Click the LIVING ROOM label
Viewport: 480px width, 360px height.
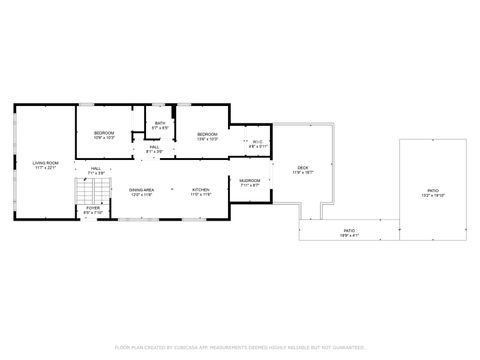[45, 162]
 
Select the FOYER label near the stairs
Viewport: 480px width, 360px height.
[91, 208]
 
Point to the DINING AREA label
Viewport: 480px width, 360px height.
[141, 189]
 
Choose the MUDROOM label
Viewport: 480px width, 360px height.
[249, 180]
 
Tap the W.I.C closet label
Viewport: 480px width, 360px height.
[258, 142]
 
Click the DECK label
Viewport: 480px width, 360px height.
[303, 167]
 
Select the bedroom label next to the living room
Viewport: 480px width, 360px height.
[105, 133]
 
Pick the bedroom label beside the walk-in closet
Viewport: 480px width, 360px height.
[207, 133]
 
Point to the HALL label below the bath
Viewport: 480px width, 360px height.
[155, 147]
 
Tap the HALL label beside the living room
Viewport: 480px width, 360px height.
[97, 168]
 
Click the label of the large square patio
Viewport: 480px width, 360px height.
[433, 190]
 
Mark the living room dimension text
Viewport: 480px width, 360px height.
[45, 167]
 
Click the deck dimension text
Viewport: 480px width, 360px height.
[303, 172]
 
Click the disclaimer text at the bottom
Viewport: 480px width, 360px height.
[240, 347]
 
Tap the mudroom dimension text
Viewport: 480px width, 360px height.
[249, 185]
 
